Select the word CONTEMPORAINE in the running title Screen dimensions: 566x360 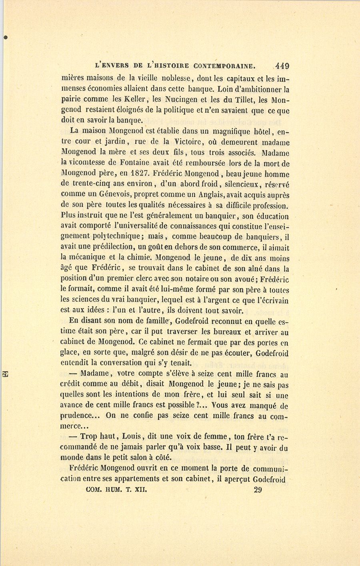224,66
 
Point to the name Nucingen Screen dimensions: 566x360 173,99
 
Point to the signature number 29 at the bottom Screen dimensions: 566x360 258,490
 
